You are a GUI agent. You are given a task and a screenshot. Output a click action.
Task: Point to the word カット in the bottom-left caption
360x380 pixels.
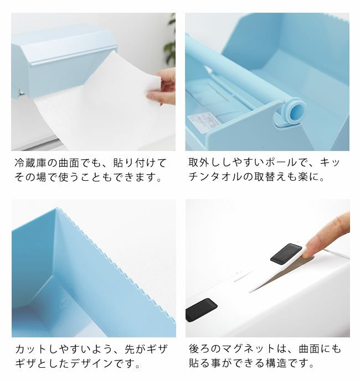pyautogui.click(x=30, y=349)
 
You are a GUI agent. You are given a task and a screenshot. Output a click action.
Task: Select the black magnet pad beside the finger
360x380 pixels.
pyautogui.click(x=286, y=254)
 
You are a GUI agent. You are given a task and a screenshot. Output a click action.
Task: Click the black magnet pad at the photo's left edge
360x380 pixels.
pyautogui.click(x=201, y=310)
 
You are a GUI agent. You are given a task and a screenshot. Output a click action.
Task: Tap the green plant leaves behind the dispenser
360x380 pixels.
pyautogui.click(x=170, y=41)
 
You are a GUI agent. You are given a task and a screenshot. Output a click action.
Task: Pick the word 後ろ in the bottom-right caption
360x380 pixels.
pyautogui.click(x=199, y=349)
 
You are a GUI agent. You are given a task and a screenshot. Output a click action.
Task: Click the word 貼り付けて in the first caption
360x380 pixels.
pyautogui.click(x=140, y=163)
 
